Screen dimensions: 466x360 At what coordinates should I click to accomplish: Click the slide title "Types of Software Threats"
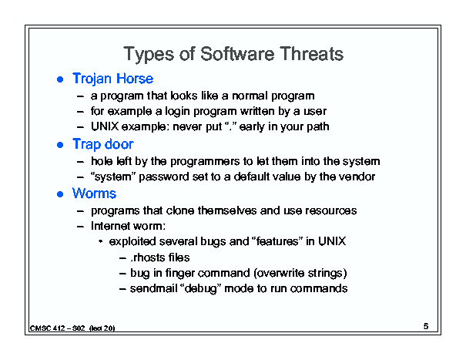tap(233, 54)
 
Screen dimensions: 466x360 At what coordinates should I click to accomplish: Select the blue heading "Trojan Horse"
tap(113, 79)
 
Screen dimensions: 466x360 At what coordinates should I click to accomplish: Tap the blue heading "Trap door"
tap(103, 145)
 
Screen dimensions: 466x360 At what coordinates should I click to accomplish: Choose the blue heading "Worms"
tap(94, 193)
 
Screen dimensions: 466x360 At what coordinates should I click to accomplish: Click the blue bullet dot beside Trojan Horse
tap(60, 79)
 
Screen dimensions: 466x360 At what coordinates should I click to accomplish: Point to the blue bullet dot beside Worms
tap(60, 194)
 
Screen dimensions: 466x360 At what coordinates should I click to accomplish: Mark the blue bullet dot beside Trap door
tap(60, 145)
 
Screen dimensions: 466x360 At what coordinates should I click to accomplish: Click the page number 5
tap(426, 326)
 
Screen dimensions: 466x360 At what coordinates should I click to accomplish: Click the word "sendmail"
tap(153, 288)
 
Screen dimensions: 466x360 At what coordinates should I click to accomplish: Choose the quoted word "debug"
tap(201, 289)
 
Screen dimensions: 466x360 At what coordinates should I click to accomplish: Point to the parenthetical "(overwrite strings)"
tap(300, 274)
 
